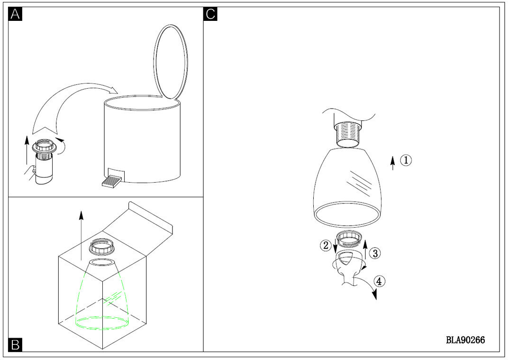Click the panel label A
tap(15, 14)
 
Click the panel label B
tap(15, 345)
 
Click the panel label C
tap(210, 14)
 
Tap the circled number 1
tap(406, 160)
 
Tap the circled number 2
tap(326, 245)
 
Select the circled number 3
tap(375, 253)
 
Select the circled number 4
tap(380, 281)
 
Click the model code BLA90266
tap(465, 340)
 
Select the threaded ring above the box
tap(102, 246)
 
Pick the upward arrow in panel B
tap(81, 235)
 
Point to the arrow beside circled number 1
tap(393, 163)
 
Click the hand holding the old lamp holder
tap(30, 173)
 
